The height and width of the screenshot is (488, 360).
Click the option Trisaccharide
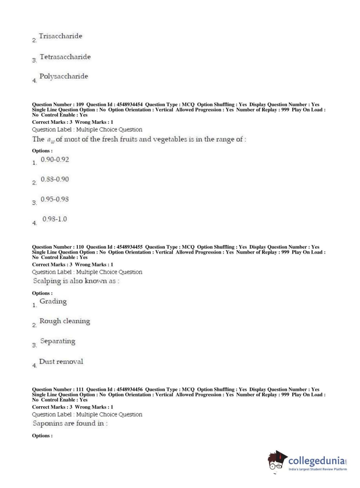click(60, 36)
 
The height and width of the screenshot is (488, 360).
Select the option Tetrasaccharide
click(65, 57)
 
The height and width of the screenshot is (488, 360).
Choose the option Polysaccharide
click(64, 76)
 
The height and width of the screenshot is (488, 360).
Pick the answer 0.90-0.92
click(55, 160)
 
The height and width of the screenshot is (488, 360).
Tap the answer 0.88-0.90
click(55, 179)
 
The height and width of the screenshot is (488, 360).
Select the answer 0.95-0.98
click(55, 199)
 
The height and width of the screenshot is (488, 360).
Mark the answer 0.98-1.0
click(55, 219)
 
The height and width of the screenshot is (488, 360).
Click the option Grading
click(53, 302)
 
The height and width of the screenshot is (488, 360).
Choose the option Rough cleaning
click(65, 321)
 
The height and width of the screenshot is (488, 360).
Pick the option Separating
click(58, 341)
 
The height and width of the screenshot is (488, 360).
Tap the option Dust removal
click(61, 362)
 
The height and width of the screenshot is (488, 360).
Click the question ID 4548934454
click(129, 105)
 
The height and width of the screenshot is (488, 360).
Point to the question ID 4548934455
click(129, 247)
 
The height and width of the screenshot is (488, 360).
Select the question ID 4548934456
click(129, 389)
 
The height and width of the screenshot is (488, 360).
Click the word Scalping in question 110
click(47, 281)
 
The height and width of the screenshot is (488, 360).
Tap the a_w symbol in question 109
click(51, 140)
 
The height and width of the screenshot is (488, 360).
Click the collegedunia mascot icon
click(277, 461)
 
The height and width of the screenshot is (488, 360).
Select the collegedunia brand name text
click(316, 460)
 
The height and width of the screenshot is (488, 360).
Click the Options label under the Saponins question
click(42, 436)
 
